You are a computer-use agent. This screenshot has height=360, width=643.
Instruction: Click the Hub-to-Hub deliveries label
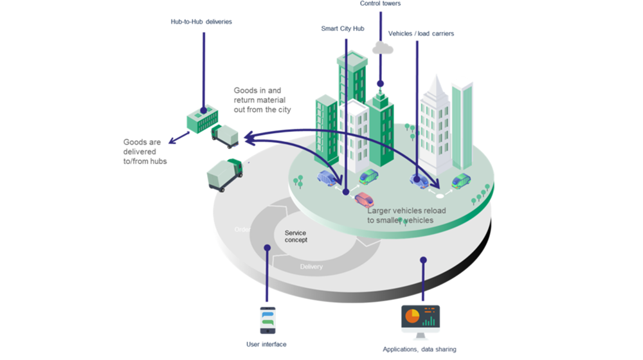(201, 22)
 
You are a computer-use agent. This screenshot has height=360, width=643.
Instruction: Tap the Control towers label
(380, 4)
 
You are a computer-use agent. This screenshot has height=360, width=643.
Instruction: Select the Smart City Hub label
(343, 29)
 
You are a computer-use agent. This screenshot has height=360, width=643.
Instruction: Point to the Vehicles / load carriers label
(421, 33)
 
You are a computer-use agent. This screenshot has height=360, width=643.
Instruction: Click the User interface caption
(266, 345)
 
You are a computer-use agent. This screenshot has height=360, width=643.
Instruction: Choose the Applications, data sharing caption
(419, 349)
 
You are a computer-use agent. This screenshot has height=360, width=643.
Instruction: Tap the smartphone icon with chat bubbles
(267, 320)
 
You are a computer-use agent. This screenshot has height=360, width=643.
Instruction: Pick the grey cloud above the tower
(383, 47)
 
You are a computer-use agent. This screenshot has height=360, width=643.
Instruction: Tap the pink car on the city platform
(364, 199)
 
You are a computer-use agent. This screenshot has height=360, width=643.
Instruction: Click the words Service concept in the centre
(296, 236)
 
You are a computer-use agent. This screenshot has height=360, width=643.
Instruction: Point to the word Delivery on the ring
(311, 266)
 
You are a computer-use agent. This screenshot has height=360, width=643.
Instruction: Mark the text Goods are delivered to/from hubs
(145, 151)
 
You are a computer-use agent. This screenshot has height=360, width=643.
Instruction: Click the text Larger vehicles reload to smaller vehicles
(406, 215)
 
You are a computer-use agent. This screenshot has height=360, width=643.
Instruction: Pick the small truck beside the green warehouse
(225, 136)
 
